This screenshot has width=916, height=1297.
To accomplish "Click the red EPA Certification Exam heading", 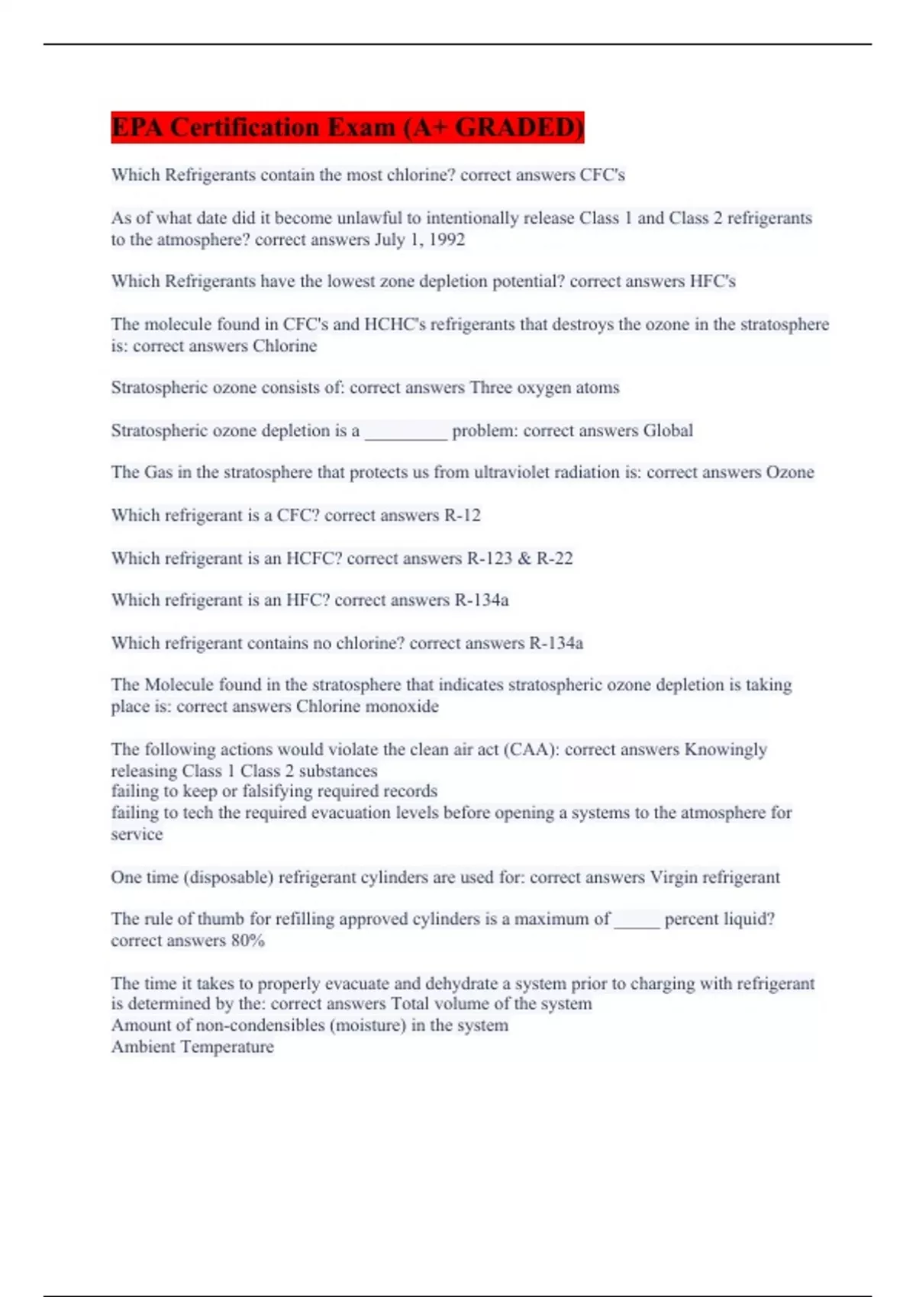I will click(347, 127).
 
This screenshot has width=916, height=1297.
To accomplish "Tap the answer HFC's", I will click(712, 281).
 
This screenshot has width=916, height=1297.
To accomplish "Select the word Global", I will click(668, 430).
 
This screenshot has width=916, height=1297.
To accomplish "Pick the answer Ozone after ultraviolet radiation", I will click(789, 472).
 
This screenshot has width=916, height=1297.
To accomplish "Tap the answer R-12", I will click(462, 515).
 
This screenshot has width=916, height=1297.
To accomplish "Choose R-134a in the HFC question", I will click(481, 600).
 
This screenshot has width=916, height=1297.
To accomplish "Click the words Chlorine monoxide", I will click(367, 706).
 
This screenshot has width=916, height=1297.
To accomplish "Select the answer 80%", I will click(247, 940).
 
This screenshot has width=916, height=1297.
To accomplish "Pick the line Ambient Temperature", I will click(192, 1047).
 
